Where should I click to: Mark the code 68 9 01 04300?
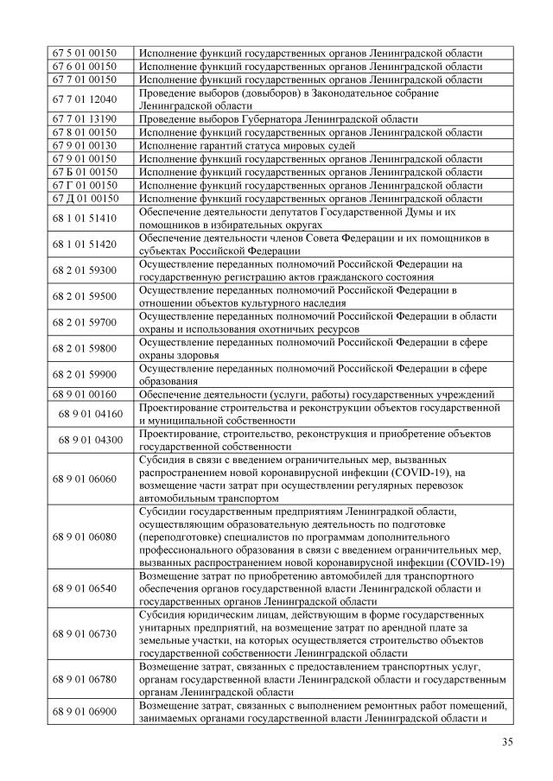(91, 440)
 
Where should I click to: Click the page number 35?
(507, 741)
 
